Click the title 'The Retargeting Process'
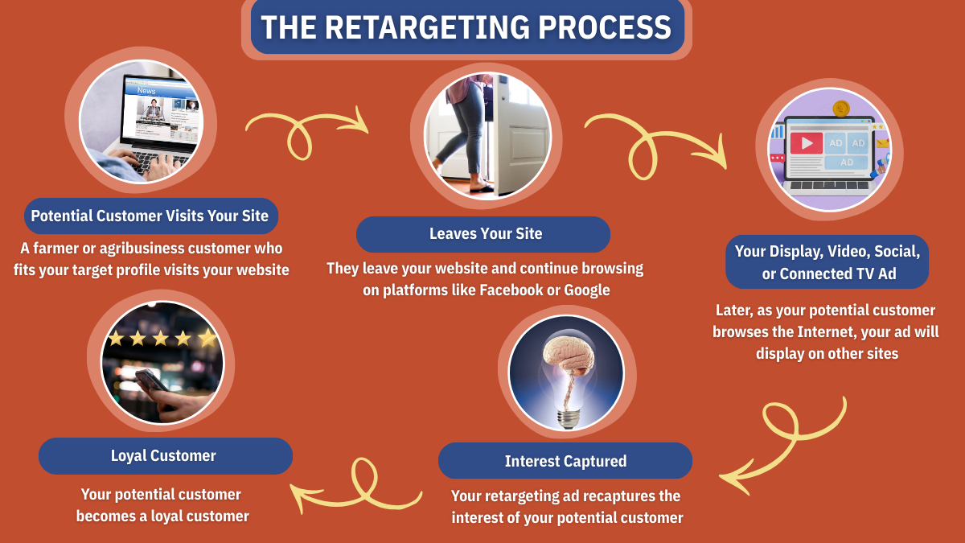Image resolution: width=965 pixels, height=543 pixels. click(x=466, y=28)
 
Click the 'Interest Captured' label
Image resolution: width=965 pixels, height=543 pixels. click(x=565, y=461)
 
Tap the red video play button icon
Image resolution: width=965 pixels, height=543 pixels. click(x=806, y=143)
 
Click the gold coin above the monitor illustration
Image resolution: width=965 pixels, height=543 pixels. click(x=842, y=109)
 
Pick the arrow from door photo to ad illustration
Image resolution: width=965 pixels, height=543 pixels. click(x=655, y=142)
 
